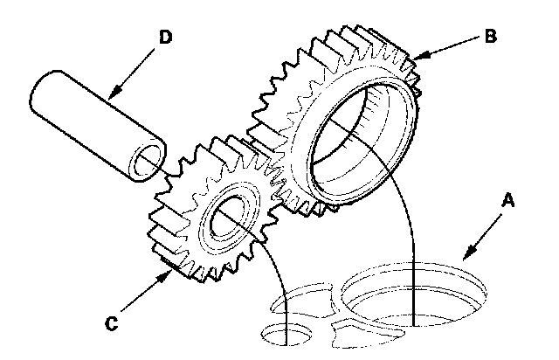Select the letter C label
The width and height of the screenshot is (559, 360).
coord(112,322)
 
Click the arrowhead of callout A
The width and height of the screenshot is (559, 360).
coord(465,259)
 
